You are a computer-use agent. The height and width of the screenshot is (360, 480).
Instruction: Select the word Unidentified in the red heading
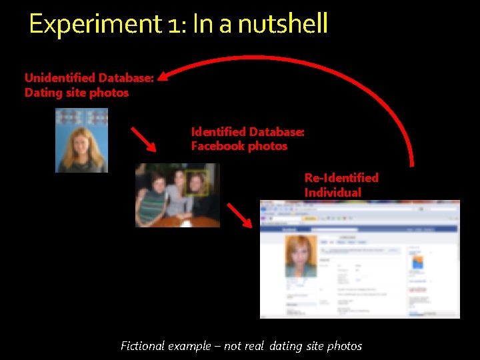point(59,78)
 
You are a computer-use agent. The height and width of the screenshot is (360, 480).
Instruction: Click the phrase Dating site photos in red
point(77,93)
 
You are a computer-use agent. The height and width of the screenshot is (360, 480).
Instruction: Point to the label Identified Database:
point(247,132)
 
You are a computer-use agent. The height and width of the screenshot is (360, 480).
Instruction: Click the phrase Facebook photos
point(239,146)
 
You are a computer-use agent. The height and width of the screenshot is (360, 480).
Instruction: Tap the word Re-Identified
point(341,178)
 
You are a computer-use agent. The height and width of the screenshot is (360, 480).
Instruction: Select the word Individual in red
point(333,193)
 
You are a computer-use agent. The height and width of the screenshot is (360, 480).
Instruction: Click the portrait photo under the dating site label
point(81,140)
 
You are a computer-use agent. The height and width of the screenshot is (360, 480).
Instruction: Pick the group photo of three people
point(177,195)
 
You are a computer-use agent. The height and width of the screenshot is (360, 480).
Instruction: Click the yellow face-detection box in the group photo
point(196,183)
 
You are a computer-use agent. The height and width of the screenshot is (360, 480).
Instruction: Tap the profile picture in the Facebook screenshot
point(301,256)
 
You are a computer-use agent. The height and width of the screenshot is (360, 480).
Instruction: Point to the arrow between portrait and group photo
point(143,139)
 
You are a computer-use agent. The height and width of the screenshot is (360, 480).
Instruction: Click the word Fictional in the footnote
point(143,346)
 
